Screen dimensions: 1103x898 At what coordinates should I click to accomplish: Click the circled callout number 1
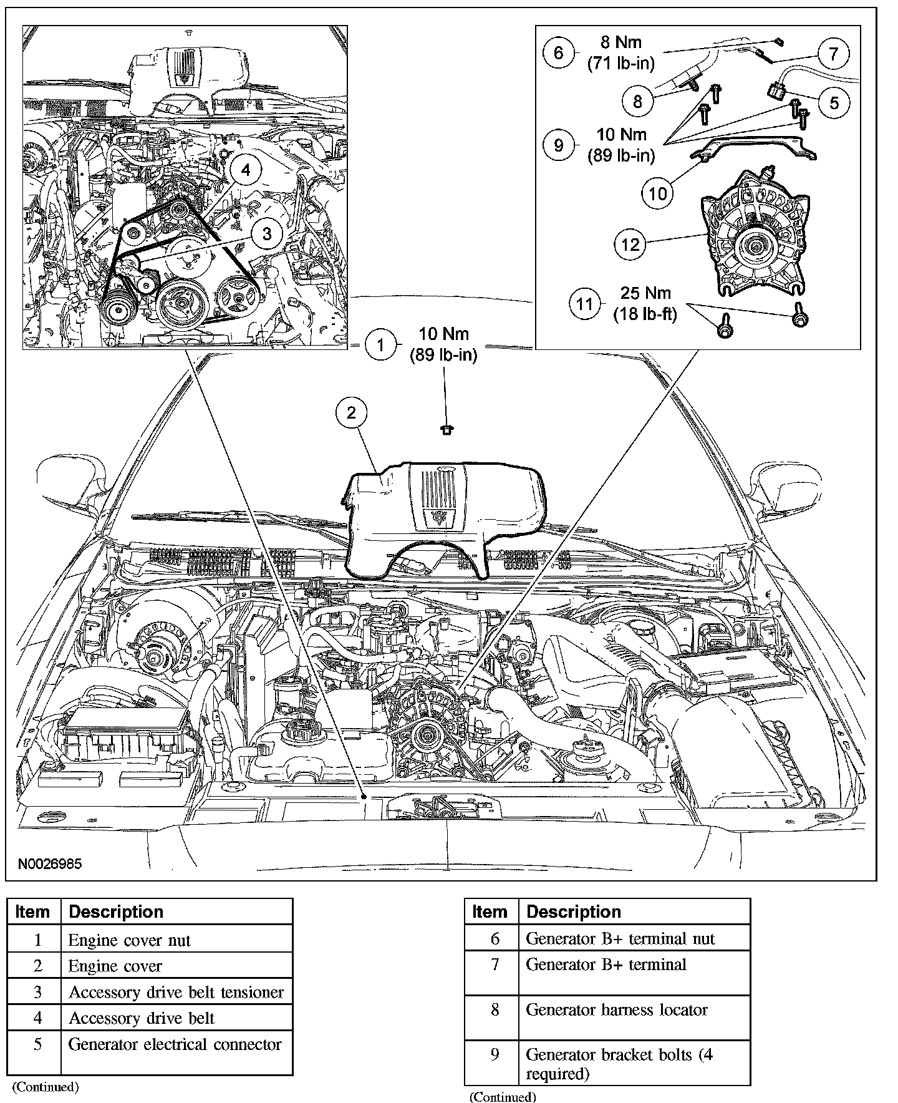tap(380, 344)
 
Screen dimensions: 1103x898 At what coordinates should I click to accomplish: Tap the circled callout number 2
tap(352, 412)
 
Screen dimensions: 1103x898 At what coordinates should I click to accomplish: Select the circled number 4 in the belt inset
tap(246, 170)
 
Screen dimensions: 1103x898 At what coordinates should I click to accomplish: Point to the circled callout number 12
tap(630, 243)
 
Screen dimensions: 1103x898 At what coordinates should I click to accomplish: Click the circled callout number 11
tap(584, 304)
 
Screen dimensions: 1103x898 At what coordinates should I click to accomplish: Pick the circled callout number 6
tap(558, 52)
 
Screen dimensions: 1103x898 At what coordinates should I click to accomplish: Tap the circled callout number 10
tap(658, 193)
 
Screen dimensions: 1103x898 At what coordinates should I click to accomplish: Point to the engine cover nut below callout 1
tap(447, 429)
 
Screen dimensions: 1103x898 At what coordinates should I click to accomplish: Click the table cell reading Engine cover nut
tap(129, 940)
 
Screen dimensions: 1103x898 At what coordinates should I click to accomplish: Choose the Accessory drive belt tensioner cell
tap(176, 992)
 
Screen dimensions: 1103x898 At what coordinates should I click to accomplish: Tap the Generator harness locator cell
tap(617, 1009)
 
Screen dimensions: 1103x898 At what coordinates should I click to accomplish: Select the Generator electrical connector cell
tap(175, 1044)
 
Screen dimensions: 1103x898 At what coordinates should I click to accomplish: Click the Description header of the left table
tap(116, 911)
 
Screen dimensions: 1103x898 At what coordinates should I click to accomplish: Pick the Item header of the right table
tap(490, 911)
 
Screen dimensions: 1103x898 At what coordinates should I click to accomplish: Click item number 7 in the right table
tap(495, 965)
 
